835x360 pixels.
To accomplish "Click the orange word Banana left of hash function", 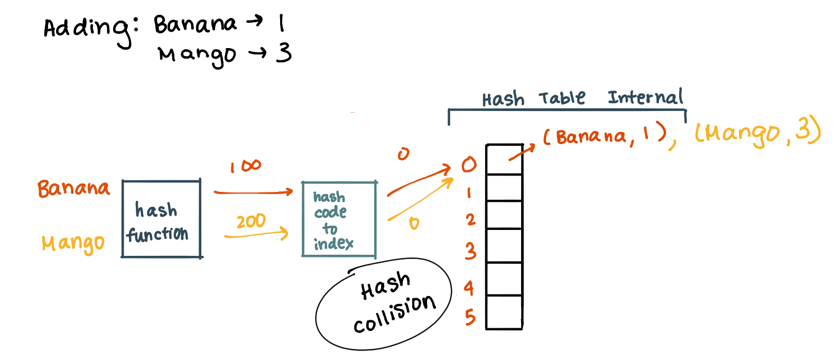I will point(73,188).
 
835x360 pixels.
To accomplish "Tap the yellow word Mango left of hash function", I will point(73,243).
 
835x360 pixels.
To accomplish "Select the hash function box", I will point(161,219).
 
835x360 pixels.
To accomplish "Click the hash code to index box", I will point(338,219).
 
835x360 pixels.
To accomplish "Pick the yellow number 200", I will point(251,221).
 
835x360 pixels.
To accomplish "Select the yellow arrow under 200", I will point(256,234).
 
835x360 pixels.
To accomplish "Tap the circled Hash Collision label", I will point(385,304).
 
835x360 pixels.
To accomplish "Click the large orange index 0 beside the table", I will point(469,165).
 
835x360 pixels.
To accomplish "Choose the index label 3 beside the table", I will point(470,251).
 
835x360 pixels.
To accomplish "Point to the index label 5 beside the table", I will point(470,317).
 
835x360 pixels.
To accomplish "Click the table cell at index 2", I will point(504,215).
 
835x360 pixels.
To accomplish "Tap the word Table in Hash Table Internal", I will point(562,98).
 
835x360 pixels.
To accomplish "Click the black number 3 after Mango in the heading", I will point(284,53).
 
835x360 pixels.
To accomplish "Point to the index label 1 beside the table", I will point(469,193).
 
